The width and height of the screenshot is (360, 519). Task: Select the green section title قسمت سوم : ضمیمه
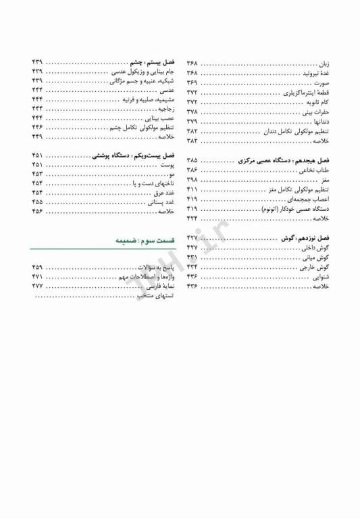(x=145, y=239)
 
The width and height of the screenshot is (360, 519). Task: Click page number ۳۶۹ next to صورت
(x=192, y=82)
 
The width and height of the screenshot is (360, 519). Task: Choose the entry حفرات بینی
(x=316, y=111)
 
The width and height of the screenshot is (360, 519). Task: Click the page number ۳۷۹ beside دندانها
(x=192, y=121)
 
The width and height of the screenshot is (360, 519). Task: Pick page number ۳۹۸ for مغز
(x=192, y=180)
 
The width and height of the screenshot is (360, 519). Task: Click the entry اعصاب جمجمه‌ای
(x=309, y=199)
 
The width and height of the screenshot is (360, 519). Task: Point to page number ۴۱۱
(x=192, y=190)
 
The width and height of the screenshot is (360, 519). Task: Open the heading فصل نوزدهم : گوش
(x=305, y=239)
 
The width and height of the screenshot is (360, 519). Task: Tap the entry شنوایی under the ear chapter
(x=319, y=277)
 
